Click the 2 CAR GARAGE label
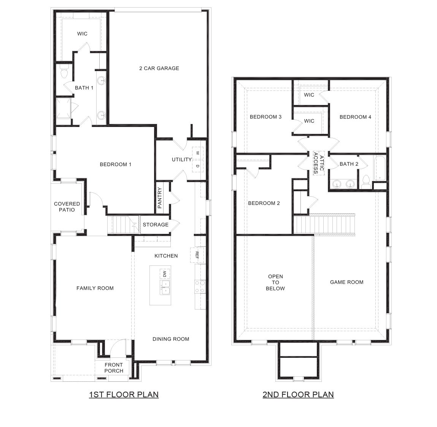point(159,68)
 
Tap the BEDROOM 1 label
point(115,165)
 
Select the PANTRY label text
point(160,198)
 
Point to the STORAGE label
point(156,225)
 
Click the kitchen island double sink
point(165,287)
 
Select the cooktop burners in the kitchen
point(200,286)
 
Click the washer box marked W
point(198,153)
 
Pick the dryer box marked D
point(198,166)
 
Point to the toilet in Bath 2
point(366,181)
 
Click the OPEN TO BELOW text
point(275,283)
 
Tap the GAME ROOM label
point(346,282)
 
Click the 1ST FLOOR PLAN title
point(124,395)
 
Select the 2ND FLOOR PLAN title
point(298,395)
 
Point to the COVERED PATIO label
point(67,207)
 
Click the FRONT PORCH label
point(114,368)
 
